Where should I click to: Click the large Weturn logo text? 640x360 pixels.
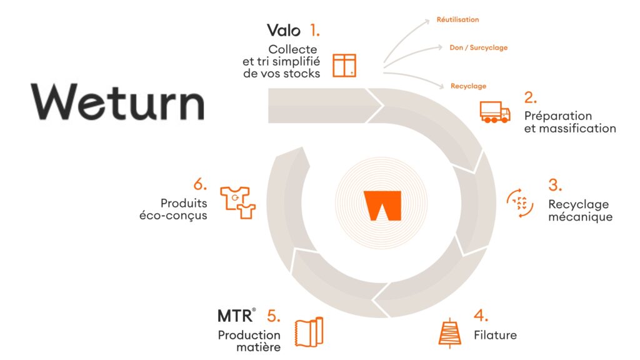click(117, 102)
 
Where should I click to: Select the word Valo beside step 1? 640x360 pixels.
click(284, 30)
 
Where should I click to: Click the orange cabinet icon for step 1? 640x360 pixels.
click(344, 65)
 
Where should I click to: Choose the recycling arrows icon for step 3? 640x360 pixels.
click(520, 203)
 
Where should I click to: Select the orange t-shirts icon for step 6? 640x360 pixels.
click(238, 202)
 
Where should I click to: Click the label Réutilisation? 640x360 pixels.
click(457, 20)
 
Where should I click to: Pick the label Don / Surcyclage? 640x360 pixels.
click(478, 47)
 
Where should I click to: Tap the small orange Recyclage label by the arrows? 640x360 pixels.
click(468, 86)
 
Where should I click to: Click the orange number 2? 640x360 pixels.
click(531, 97)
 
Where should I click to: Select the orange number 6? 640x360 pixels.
click(200, 184)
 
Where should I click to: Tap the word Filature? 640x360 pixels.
click(495, 335)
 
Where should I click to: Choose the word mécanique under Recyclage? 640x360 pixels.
click(580, 217)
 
